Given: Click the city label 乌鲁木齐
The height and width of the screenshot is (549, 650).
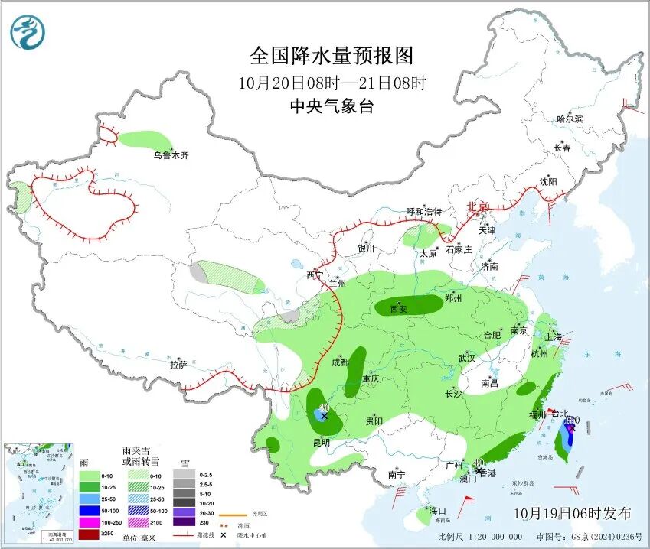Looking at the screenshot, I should coord(170,155).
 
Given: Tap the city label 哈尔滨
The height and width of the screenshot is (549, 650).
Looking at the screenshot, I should coord(569,119).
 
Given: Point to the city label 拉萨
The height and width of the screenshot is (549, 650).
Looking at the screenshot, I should coord(178,365).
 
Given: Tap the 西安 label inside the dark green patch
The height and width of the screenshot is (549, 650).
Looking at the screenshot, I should coord(398,309).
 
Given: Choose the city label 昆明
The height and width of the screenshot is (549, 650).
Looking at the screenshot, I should coord(320,442).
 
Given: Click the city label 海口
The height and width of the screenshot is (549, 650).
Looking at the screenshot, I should coord(437,511).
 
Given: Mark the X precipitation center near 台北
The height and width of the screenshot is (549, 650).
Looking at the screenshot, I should coord(570,429).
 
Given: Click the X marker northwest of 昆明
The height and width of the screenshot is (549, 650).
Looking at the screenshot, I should coord(324,416).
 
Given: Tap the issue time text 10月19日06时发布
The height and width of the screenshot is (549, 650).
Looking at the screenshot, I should coord(573,512).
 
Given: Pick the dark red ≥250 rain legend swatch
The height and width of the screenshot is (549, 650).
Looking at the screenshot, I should coord(90,534).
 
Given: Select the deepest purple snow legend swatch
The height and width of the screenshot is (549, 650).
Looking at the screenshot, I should coord(183,521).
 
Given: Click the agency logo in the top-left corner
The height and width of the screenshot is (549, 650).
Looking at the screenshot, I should coord(28,32).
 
